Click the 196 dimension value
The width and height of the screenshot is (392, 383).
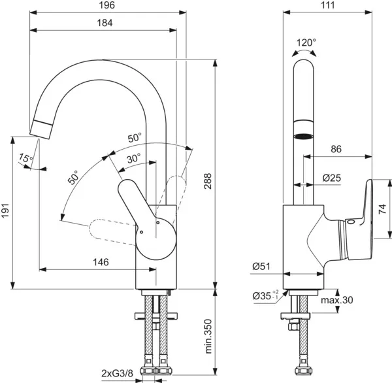[108, 5]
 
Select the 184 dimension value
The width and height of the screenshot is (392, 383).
[104, 23]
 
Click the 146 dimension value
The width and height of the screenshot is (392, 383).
[100, 262]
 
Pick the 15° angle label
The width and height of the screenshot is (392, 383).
[25, 158]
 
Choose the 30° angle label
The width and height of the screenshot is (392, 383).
[133, 158]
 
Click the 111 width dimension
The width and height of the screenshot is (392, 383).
[328, 5]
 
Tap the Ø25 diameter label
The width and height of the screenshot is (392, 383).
[333, 177]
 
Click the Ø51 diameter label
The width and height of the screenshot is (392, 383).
[262, 266]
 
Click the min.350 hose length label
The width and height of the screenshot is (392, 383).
[208, 336]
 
